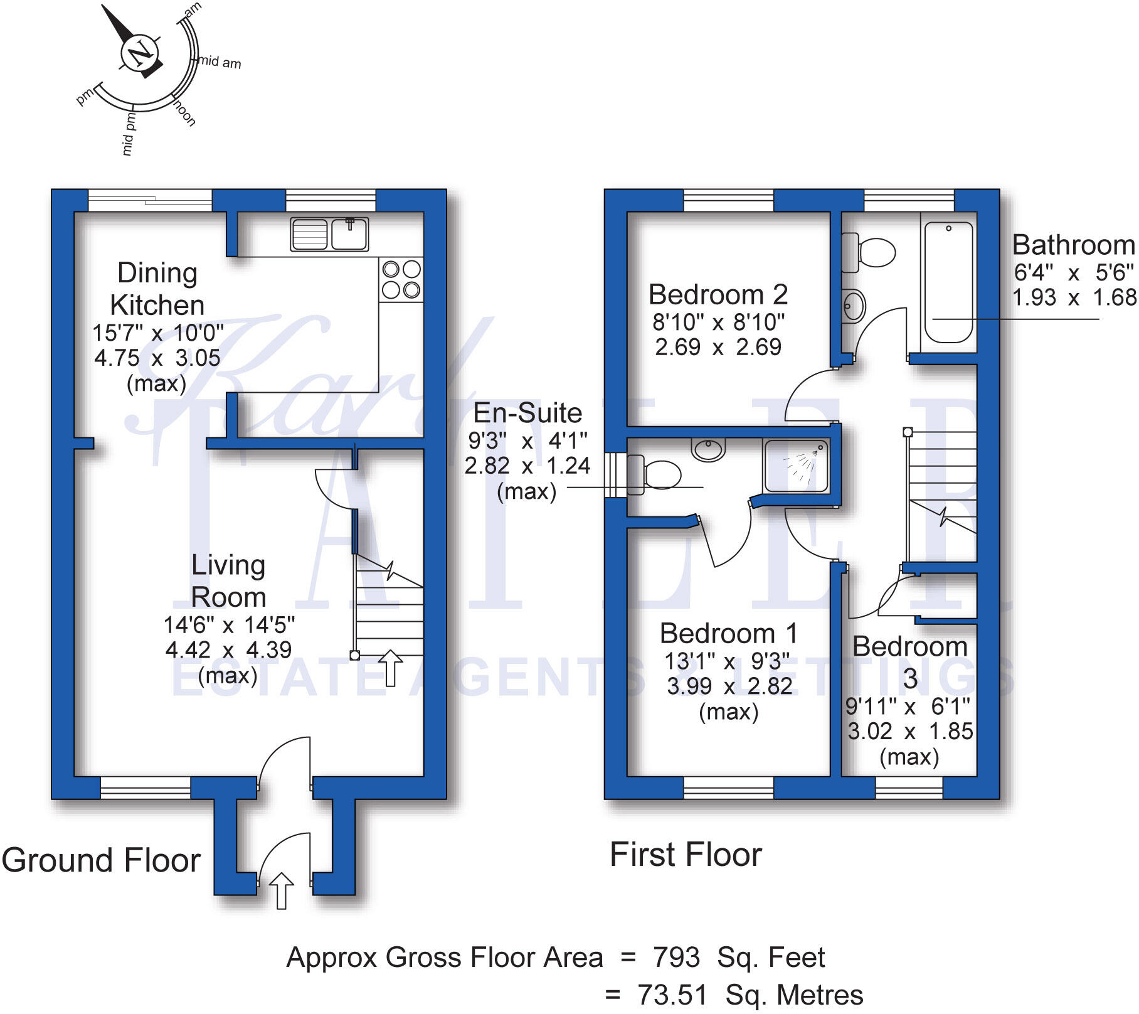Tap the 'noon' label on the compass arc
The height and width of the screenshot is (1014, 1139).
pos(184,113)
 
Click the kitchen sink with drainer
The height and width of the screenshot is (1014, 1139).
pos(329,235)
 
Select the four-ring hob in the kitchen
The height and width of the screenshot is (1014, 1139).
pos(401,280)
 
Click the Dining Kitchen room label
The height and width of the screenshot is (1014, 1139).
pos(157,289)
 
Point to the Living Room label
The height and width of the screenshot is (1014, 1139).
pos(228,581)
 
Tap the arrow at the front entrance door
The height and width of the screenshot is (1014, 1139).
pos(281,890)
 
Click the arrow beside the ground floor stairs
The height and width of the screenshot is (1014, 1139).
pos(390,668)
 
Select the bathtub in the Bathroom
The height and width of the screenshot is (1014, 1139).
pos(948,282)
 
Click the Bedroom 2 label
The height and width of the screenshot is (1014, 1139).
pos(718,294)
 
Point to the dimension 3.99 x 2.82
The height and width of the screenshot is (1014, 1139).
pos(729,686)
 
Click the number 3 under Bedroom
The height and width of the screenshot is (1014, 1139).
pos(910,678)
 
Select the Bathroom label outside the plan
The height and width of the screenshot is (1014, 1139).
pos(1073,245)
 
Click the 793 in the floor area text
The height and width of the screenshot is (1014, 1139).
pos(676,958)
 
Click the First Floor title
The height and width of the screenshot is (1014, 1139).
pos(686,855)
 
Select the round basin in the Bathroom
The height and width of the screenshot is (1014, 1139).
pos(853,306)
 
